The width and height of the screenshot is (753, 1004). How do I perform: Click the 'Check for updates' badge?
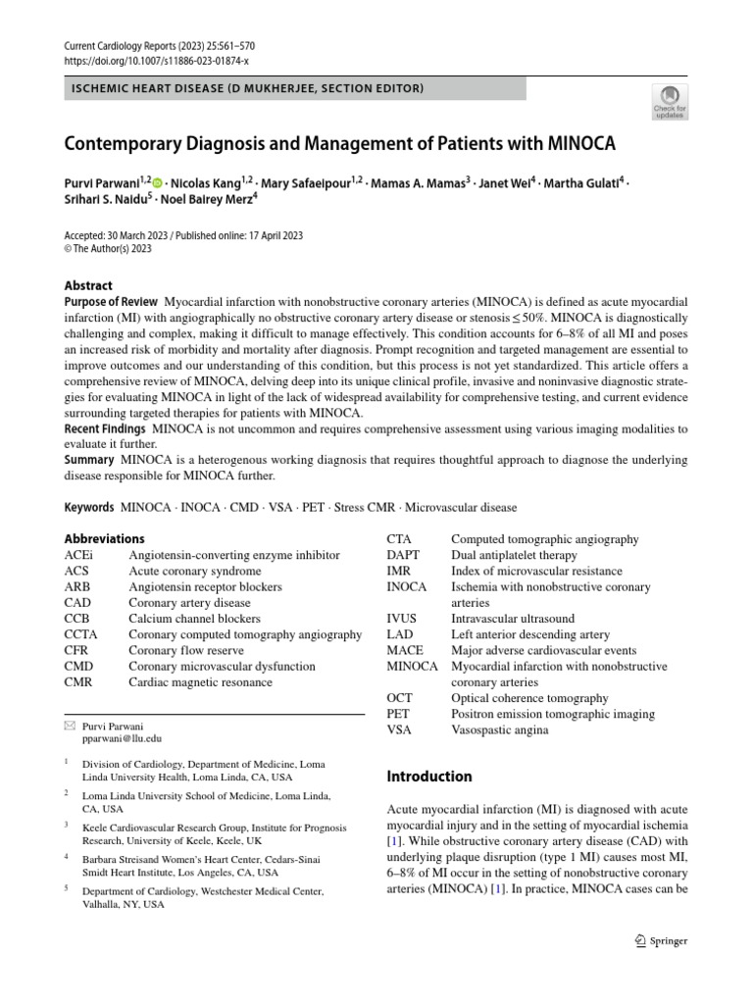coord(670,101)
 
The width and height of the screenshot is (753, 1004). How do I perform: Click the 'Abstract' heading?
coord(88,286)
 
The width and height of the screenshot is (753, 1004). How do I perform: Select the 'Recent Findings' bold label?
coord(105,429)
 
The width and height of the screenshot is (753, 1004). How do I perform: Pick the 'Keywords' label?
coord(89,507)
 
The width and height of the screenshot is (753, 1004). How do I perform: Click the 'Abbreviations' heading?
coord(104,538)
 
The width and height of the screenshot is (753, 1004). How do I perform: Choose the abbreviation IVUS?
coord(402,619)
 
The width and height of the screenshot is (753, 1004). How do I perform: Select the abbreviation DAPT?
coord(403,555)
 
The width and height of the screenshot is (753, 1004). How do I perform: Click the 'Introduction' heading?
coord(429,777)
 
